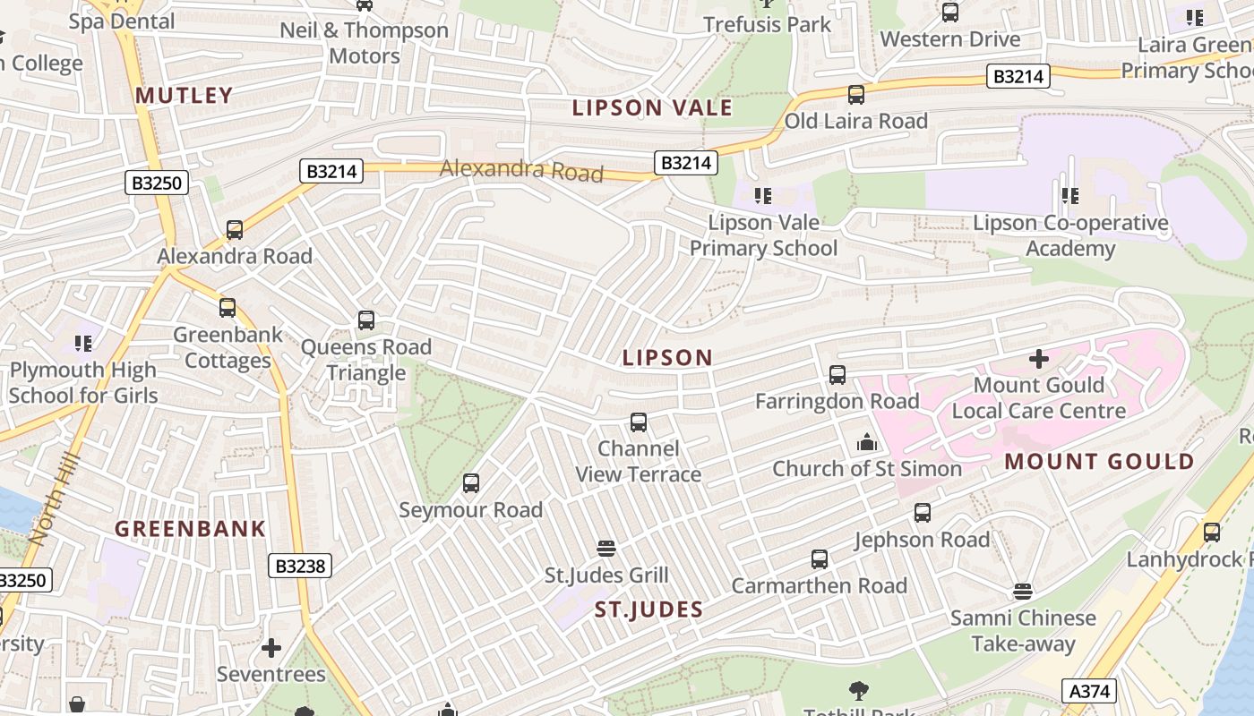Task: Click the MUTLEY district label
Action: tap(184, 95)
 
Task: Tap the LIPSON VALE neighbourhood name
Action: tap(652, 108)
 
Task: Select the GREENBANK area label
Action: tap(190, 528)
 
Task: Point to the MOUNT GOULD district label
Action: tap(1099, 462)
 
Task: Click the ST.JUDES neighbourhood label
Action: tap(649, 609)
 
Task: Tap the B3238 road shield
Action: tap(300, 566)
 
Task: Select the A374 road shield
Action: tap(1089, 691)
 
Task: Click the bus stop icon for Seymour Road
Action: tap(471, 484)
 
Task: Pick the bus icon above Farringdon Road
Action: tap(837, 375)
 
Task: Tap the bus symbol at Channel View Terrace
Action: tap(639, 422)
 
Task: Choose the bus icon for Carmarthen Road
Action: tap(820, 559)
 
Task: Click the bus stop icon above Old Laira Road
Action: tap(856, 94)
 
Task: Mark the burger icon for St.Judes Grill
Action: tap(606, 549)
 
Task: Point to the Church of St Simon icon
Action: tap(866, 442)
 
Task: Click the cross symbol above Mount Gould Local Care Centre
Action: tap(1039, 360)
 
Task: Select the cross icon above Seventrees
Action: tap(271, 647)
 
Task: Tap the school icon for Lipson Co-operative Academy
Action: tap(1070, 195)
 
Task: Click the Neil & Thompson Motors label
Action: tap(365, 43)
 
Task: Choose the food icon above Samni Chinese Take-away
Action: tap(1023, 592)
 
